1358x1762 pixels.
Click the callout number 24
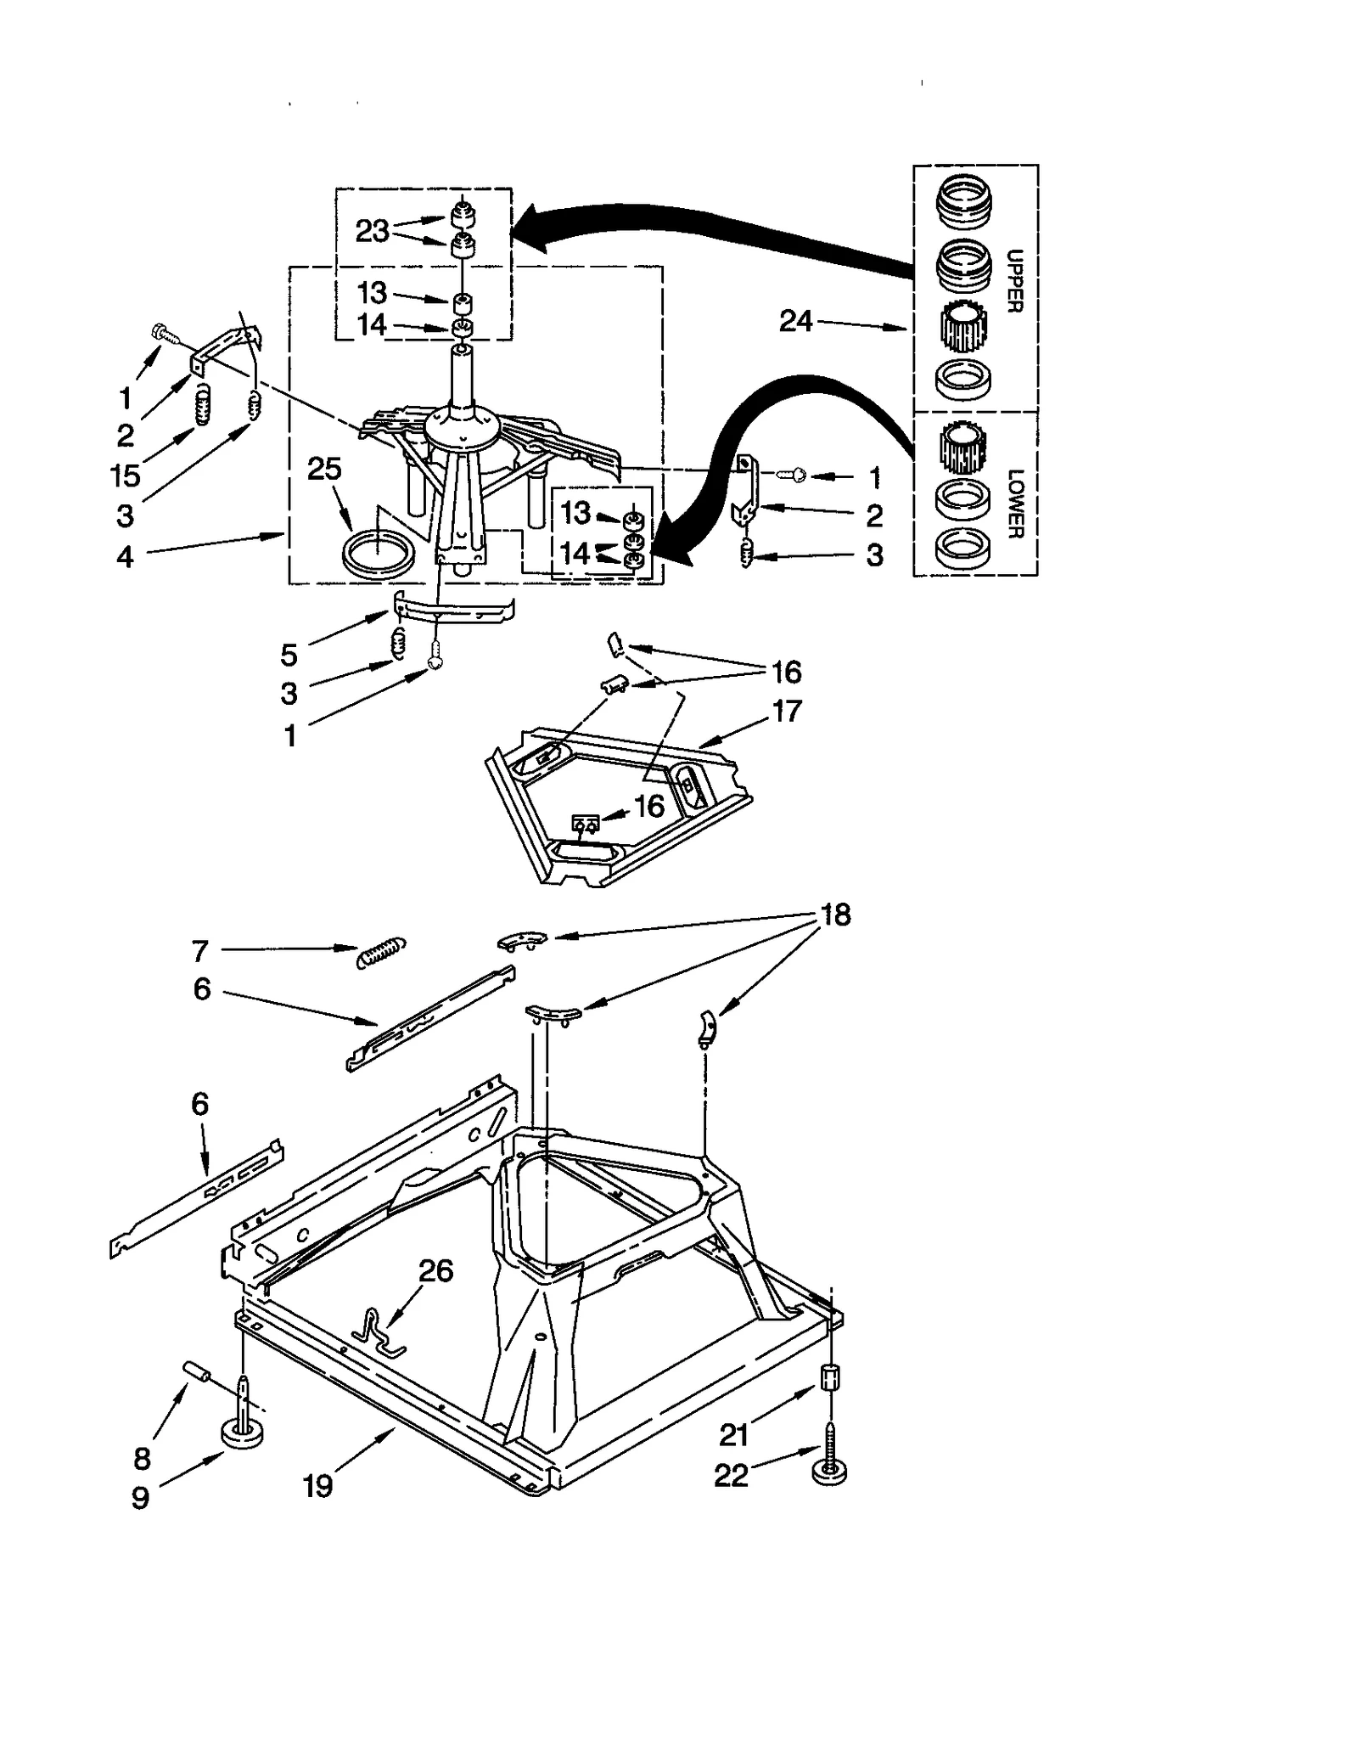pyautogui.click(x=795, y=321)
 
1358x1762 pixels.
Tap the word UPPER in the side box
pyautogui.click(x=1014, y=281)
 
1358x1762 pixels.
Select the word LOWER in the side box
pyautogui.click(x=1015, y=504)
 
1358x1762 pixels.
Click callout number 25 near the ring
pyautogui.click(x=323, y=469)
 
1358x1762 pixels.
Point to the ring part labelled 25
pyautogui.click(x=379, y=553)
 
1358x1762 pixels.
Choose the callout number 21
pyautogui.click(x=733, y=1435)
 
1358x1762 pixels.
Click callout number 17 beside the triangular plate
pyautogui.click(x=786, y=711)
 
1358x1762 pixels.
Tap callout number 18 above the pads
pyautogui.click(x=835, y=915)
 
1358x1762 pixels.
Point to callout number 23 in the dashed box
pyautogui.click(x=372, y=231)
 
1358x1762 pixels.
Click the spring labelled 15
pyautogui.click(x=202, y=404)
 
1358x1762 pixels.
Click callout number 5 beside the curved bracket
pyautogui.click(x=289, y=655)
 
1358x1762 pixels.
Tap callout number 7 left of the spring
pyautogui.click(x=199, y=951)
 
